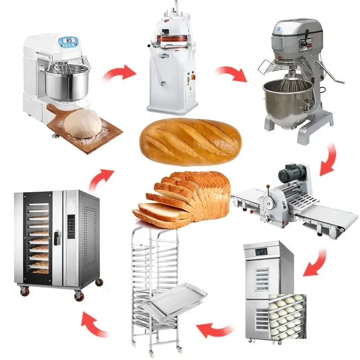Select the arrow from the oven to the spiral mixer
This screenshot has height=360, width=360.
[100, 178]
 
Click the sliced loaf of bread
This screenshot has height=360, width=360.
[184, 198]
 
